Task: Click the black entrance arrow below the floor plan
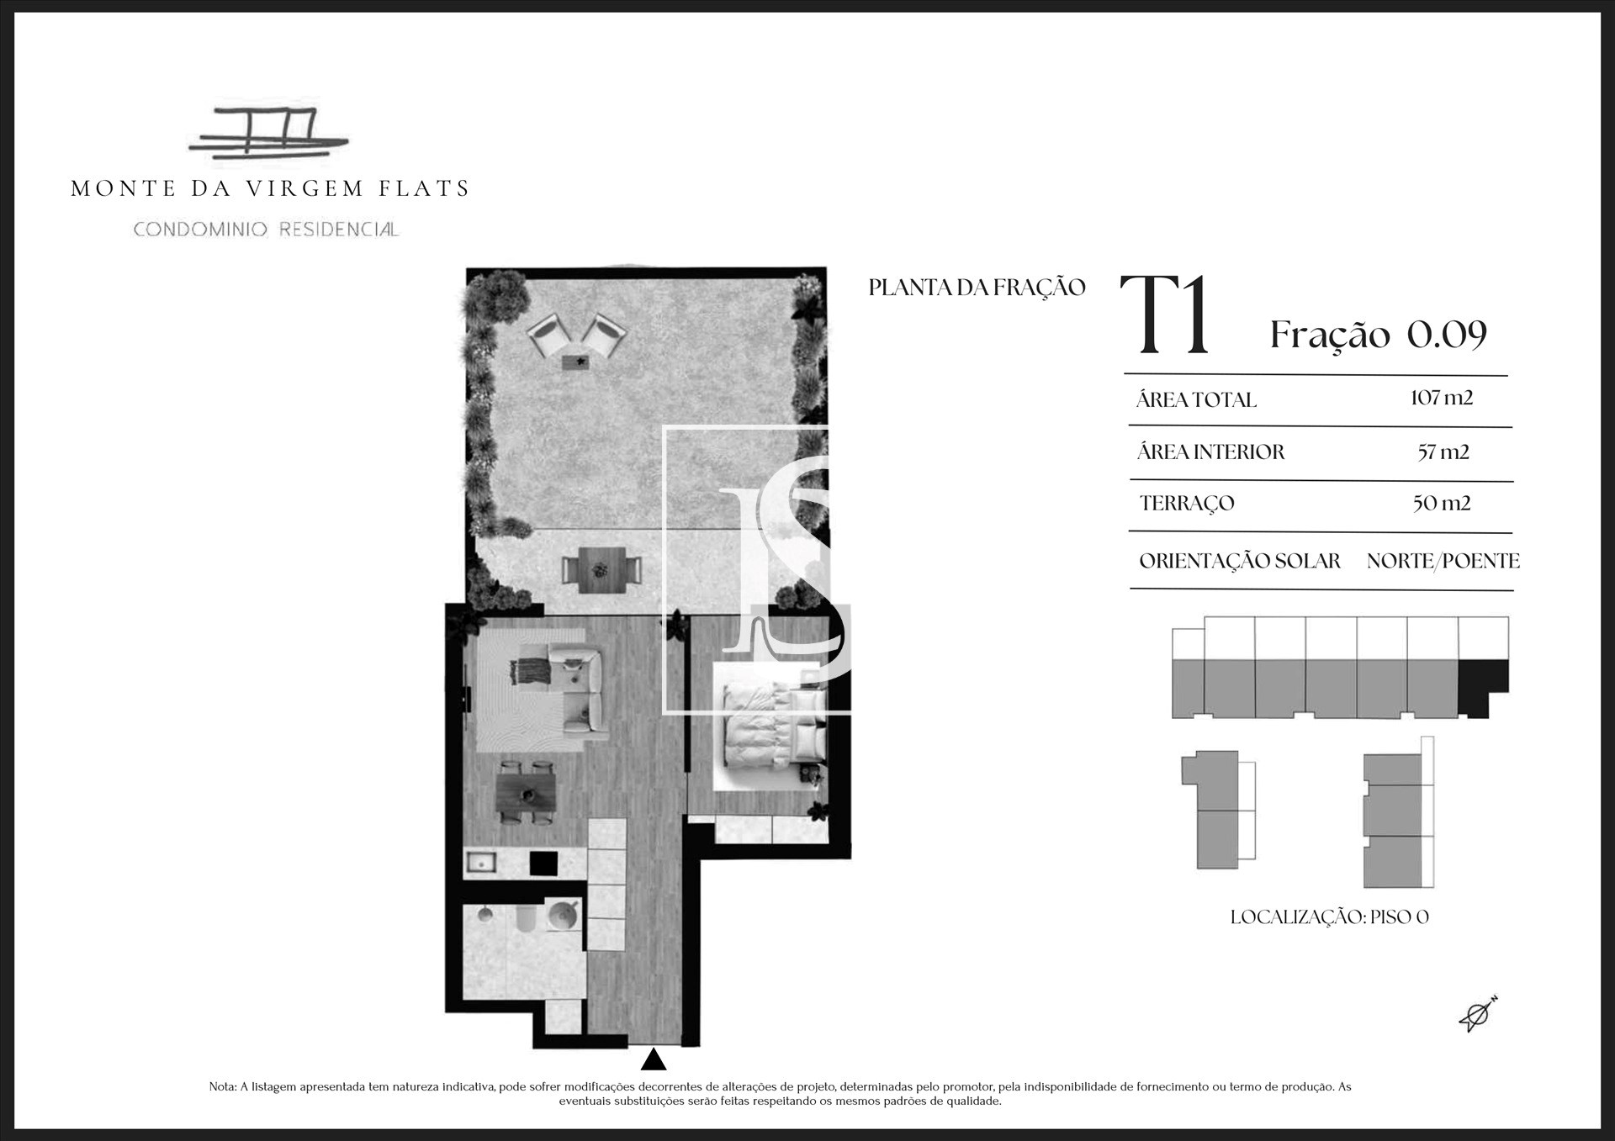(x=654, y=1059)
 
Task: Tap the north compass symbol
(x=1478, y=1014)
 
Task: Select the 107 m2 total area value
(x=1442, y=398)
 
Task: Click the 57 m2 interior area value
(x=1443, y=452)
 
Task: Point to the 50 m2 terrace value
(x=1442, y=504)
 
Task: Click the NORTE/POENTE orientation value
(x=1443, y=561)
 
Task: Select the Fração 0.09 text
(x=1379, y=335)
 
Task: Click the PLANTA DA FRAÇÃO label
(x=977, y=288)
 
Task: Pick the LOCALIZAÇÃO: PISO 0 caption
(x=1330, y=917)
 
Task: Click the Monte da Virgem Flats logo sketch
(x=268, y=135)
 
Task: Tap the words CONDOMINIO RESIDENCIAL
(x=266, y=230)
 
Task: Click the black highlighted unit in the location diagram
(x=1484, y=688)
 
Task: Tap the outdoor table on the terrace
(x=601, y=569)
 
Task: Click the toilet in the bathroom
(x=526, y=918)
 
